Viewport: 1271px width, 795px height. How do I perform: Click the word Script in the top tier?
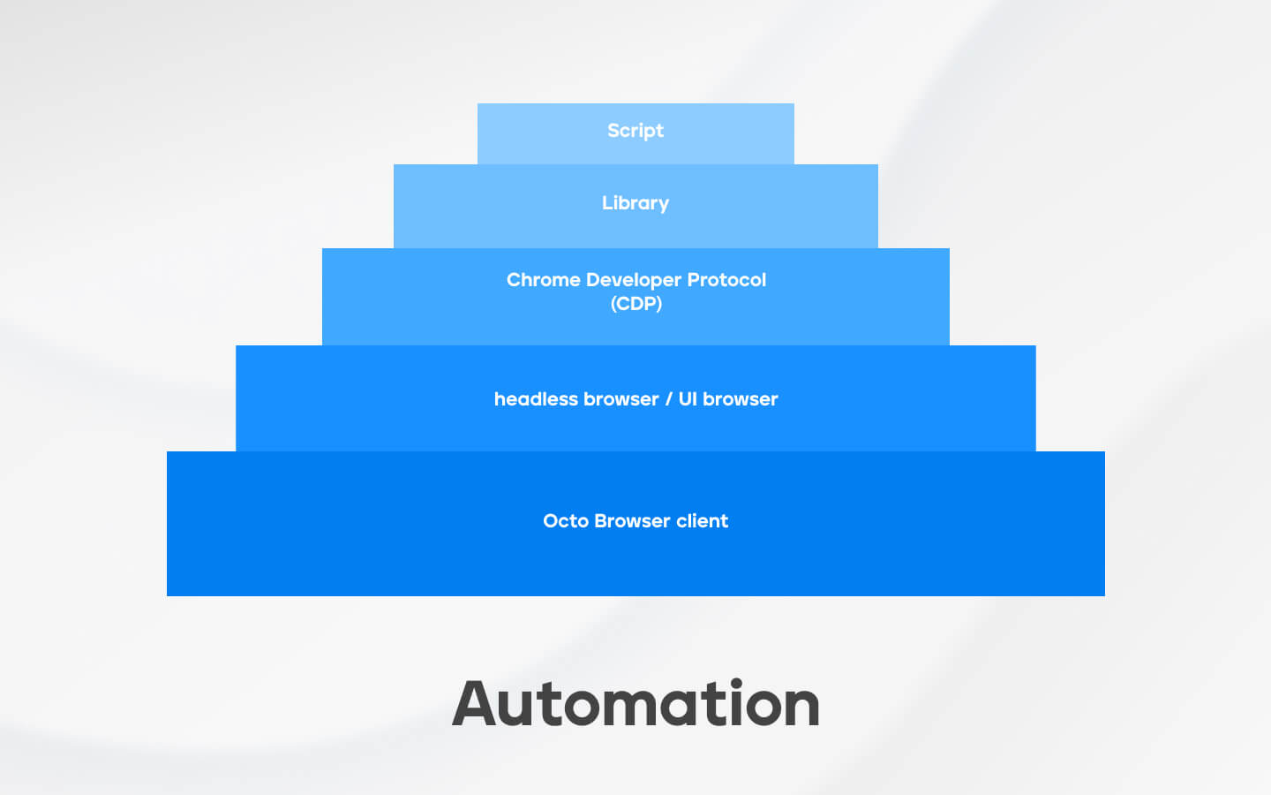point(635,131)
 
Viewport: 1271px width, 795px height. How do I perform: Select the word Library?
point(635,203)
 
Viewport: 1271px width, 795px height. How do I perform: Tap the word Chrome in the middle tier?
point(543,280)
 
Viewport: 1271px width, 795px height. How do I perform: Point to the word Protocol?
point(726,280)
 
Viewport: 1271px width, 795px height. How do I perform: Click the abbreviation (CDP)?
point(636,304)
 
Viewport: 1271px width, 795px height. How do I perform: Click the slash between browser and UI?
point(668,400)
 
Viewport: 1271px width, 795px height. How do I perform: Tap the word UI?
point(687,399)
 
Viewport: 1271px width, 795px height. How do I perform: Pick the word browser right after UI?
point(740,399)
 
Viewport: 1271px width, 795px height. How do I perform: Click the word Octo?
point(566,521)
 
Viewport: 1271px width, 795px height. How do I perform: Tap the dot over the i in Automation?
point(737,683)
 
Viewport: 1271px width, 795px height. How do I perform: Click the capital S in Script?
point(613,131)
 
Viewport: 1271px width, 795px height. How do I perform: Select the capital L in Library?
point(607,203)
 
